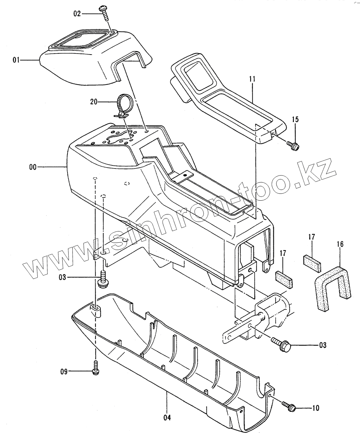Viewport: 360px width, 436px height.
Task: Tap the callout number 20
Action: [x=93, y=102]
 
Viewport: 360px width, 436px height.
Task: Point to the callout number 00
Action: [x=33, y=167]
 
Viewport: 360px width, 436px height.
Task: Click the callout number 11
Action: [x=252, y=80]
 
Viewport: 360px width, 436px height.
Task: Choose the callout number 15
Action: [x=295, y=120]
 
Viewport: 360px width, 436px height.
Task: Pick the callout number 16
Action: [x=340, y=244]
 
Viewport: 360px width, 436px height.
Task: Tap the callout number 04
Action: [x=167, y=417]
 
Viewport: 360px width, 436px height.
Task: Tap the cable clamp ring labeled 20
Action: [x=123, y=103]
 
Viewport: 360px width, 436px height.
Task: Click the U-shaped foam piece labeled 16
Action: [x=332, y=287]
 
